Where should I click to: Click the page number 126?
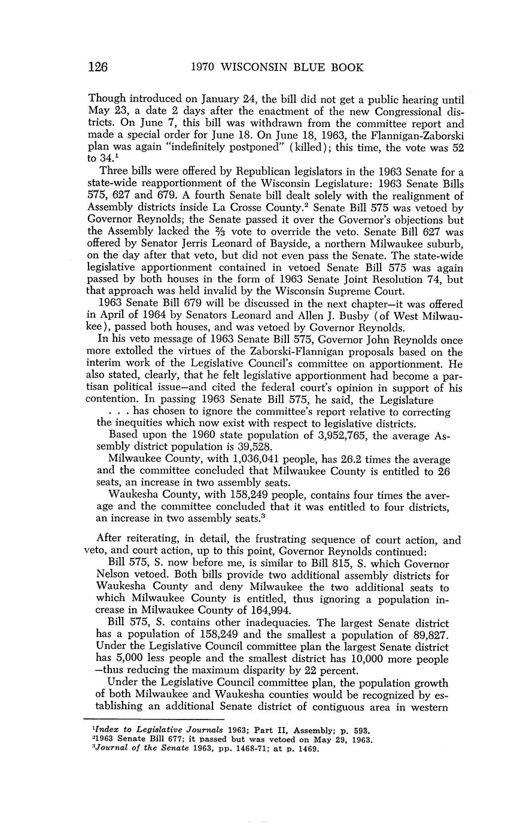98,67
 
